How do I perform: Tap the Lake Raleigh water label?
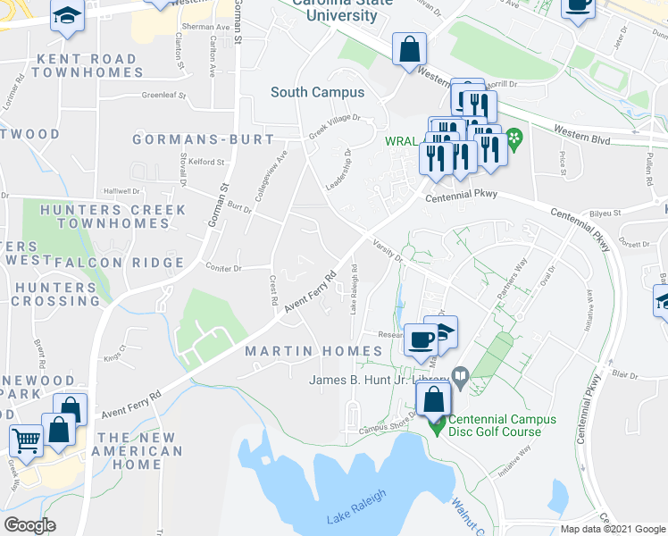point(355,507)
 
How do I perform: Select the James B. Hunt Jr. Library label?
point(379,380)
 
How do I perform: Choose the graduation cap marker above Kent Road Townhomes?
point(66,18)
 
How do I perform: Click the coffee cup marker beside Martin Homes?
point(421,340)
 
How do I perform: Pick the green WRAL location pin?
point(514,139)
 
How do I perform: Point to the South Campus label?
point(317,92)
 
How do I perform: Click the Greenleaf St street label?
point(163,95)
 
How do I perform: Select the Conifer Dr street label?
point(223,267)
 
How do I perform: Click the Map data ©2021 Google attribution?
point(612,529)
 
